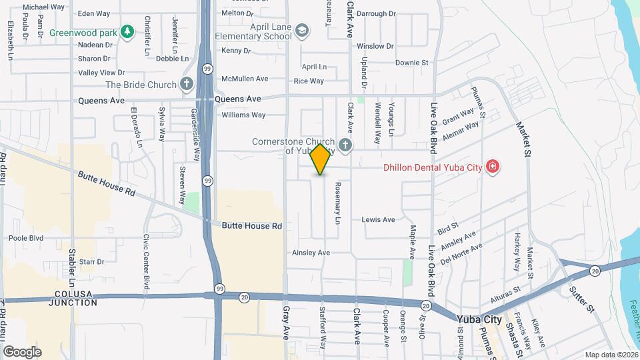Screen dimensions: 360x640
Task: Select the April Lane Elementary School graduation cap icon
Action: (x=302, y=31)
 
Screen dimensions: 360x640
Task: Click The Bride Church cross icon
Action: (x=187, y=85)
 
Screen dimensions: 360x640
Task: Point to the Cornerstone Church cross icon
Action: (x=345, y=144)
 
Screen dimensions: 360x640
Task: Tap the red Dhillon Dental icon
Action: (x=492, y=167)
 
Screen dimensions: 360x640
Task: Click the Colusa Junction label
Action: (x=73, y=297)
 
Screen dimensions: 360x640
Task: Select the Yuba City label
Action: (x=479, y=319)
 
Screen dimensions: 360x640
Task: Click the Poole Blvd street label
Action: (x=26, y=238)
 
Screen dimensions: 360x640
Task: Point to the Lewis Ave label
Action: (x=378, y=219)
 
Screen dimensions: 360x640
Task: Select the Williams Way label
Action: (x=243, y=115)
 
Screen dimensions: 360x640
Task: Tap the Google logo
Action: (x=22, y=351)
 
